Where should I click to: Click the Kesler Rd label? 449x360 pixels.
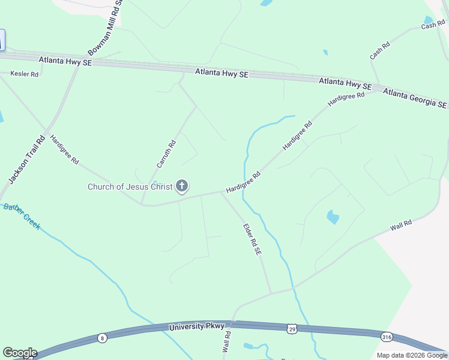click(24, 74)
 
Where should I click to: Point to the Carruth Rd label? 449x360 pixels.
click(166, 154)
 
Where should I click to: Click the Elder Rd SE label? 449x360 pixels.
click(252, 239)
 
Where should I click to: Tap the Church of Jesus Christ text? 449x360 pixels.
click(130, 187)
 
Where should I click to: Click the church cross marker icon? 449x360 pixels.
click(182, 187)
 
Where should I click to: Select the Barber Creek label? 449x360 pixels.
click(22, 216)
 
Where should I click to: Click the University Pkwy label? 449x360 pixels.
click(197, 327)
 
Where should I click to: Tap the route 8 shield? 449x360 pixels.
click(103, 338)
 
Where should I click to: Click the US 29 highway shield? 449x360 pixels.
click(292, 329)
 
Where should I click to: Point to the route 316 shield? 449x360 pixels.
click(387, 337)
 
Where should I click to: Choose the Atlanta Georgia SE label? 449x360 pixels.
click(415, 98)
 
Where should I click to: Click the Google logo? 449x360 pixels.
click(20, 352)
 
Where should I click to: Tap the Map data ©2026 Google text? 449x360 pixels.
click(411, 355)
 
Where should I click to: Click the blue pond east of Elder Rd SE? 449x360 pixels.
click(333, 217)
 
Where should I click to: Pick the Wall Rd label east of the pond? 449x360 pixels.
click(400, 225)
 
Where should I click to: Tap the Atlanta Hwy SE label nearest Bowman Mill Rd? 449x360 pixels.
click(65, 61)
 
